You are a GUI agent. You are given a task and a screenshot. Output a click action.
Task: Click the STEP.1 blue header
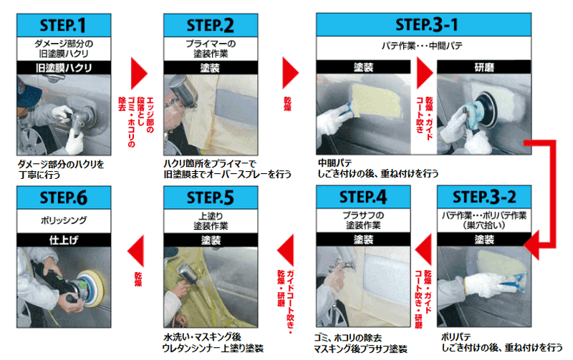[64, 25]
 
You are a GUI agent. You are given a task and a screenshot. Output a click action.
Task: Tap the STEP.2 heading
[211, 25]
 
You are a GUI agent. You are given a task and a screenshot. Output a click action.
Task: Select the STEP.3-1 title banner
[423, 24]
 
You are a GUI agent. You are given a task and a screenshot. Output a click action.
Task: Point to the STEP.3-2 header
[484, 197]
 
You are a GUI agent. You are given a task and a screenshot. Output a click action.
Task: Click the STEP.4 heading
[363, 197]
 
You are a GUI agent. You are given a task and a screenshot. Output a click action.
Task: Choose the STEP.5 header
[211, 198]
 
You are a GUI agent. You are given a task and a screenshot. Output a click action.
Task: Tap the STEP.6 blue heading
[64, 198]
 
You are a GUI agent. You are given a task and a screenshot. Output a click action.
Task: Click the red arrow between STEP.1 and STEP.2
[139, 74]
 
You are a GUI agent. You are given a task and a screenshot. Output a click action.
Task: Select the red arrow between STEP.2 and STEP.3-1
[291, 73]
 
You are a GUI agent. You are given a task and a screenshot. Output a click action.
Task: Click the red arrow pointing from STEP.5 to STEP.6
[135, 250]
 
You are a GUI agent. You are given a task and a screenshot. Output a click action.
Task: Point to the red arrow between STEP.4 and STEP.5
[285, 250]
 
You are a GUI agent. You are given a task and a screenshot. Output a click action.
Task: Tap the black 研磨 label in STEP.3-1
[484, 67]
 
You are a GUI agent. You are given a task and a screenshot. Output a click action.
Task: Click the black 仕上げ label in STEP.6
[64, 240]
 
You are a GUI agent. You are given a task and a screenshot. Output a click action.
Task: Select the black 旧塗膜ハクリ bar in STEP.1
[64, 67]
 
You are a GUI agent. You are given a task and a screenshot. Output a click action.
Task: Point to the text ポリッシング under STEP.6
[64, 220]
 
